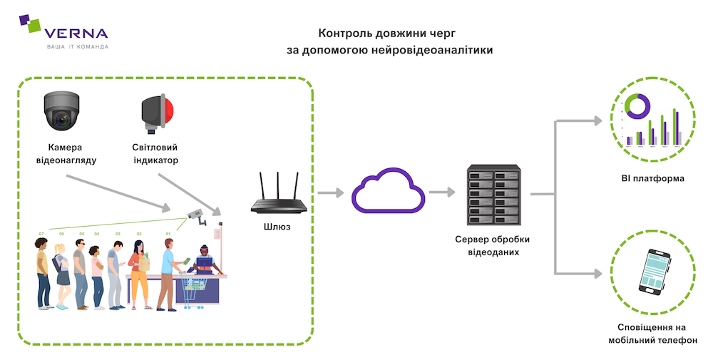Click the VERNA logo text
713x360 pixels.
[x=76, y=33]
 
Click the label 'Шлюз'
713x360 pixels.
[x=278, y=226]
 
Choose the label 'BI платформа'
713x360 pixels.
[x=652, y=178]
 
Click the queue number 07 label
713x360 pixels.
[x=41, y=234]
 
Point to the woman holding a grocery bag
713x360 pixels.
[x=138, y=275]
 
